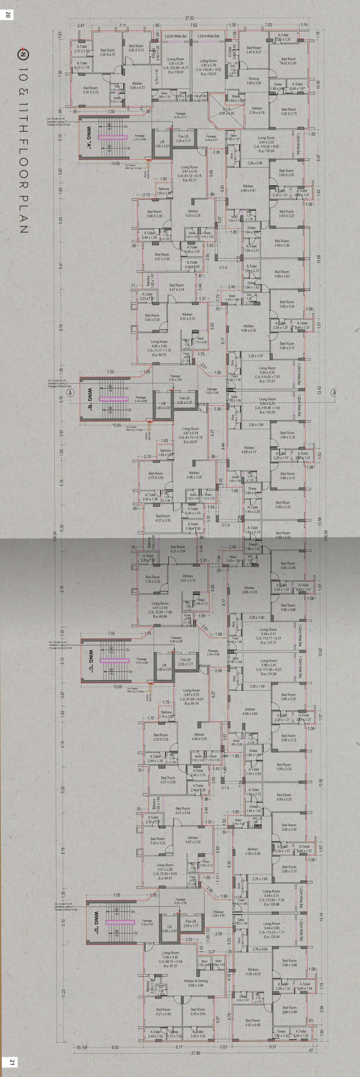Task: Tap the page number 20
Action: [8, 15]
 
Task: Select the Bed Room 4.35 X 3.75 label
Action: [91, 90]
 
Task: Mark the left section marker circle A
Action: [71, 392]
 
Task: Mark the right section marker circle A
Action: [334, 392]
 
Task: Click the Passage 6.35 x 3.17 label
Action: [180, 115]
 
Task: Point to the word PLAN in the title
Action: [23, 214]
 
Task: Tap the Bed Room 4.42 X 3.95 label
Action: [289, 61]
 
